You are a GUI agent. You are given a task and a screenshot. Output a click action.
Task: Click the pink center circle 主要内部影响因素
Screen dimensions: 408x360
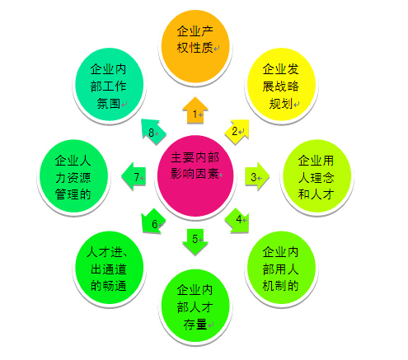click(195, 175)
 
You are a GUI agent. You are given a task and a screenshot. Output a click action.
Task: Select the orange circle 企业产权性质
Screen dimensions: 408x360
click(195, 46)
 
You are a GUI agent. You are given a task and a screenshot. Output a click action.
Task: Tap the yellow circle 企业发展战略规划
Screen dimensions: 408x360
click(281, 84)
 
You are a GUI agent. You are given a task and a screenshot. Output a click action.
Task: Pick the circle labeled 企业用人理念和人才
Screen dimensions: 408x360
click(317, 175)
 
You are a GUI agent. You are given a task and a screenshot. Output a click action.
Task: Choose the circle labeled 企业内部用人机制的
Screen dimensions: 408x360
click(281, 268)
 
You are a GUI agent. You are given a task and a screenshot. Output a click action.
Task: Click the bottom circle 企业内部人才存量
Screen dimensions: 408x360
click(195, 306)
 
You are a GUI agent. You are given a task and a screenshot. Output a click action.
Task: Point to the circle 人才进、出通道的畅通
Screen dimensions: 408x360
click(110, 268)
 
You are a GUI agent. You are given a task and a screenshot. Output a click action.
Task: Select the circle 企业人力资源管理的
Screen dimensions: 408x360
click(73, 175)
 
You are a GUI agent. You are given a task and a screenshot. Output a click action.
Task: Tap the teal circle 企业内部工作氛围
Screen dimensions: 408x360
click(110, 84)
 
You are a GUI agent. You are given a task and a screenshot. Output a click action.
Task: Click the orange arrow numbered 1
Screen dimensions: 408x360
click(195, 110)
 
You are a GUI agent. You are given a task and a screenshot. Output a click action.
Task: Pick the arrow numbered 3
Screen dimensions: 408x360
click(257, 176)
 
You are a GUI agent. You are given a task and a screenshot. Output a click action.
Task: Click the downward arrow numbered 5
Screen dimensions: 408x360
click(195, 241)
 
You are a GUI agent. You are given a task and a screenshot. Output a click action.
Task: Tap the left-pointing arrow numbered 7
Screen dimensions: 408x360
click(134, 176)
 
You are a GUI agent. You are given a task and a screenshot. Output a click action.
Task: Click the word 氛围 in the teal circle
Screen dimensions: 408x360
click(109, 104)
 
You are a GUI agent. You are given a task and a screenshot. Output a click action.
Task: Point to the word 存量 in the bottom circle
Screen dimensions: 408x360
click(195, 325)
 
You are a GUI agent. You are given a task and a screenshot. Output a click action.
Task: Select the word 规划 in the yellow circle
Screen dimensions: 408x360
click(281, 104)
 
